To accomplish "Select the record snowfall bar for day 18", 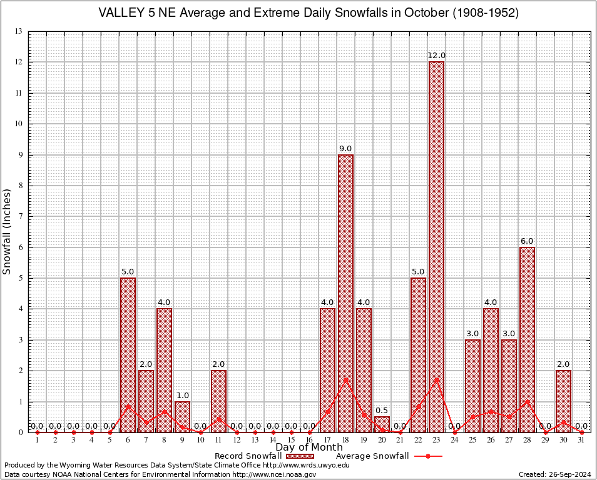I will (x=345, y=293).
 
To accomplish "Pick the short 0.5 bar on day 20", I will (x=382, y=424).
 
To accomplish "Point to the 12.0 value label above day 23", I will (x=436, y=56).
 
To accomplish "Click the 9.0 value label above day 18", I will (x=345, y=148).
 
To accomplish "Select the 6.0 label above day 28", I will (x=527, y=241).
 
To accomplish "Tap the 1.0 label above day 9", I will (x=182, y=395).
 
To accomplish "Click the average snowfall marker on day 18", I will (x=345, y=379).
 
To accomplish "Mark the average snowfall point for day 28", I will (x=527, y=402).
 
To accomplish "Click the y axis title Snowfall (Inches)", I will (x=8, y=231).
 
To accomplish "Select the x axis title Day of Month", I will (x=309, y=447).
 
